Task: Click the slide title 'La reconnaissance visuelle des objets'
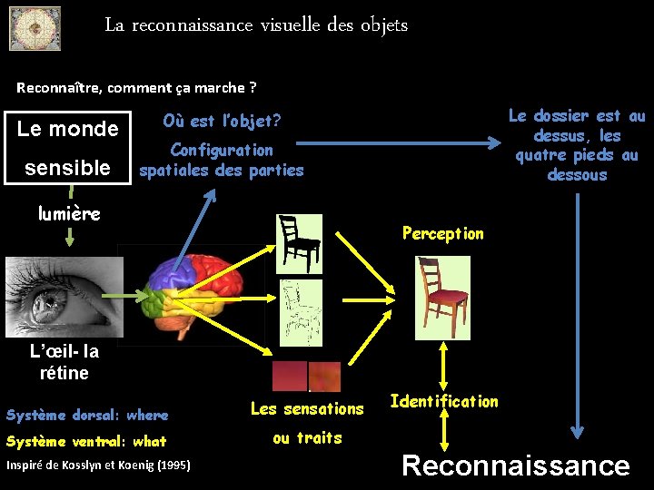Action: (256, 25)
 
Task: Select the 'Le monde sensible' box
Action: (68, 148)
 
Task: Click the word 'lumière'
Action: (69, 213)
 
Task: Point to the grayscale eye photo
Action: (64, 289)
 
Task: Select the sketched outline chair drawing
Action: (302, 310)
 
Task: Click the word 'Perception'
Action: (443, 233)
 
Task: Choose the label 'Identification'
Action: (444, 401)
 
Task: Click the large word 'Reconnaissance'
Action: (515, 465)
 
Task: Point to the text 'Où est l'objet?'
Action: (222, 120)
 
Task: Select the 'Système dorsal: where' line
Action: (87, 416)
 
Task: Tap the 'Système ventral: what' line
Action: (86, 442)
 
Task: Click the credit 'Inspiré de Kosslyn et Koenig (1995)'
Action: (98, 465)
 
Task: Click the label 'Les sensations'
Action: (307, 408)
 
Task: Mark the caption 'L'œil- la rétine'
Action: (64, 362)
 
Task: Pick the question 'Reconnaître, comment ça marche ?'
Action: (136, 88)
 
